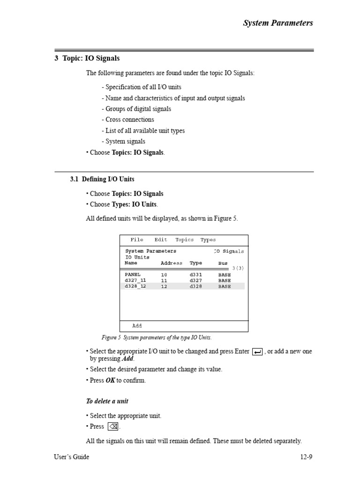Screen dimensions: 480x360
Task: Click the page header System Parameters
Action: pos(277,23)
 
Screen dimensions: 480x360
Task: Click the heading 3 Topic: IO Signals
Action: pos(87,59)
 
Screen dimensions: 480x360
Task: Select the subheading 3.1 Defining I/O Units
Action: pos(102,179)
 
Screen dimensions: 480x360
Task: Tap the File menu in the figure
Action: pos(137,240)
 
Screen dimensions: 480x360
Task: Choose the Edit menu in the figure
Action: pos(161,240)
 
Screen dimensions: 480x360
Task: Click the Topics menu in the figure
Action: pos(184,240)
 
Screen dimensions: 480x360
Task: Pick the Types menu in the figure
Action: pos(208,240)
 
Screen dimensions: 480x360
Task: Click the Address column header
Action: pos(172,263)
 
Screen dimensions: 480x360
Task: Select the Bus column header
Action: pos(223,263)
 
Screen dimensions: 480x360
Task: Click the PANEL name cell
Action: pos(133,275)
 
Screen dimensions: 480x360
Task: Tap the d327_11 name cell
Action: pos(135,280)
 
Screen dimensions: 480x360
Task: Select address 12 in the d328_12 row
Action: pos(164,286)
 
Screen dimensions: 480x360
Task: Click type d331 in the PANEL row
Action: pos(196,275)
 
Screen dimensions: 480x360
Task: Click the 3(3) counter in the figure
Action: pos(238,268)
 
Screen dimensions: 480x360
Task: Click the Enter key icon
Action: pos(257,352)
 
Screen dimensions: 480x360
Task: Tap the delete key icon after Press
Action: pos(113,427)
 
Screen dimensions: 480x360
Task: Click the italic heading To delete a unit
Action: pos(107,401)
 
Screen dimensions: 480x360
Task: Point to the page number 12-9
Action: pos(306,457)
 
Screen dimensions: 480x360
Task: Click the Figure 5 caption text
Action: pos(157,337)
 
